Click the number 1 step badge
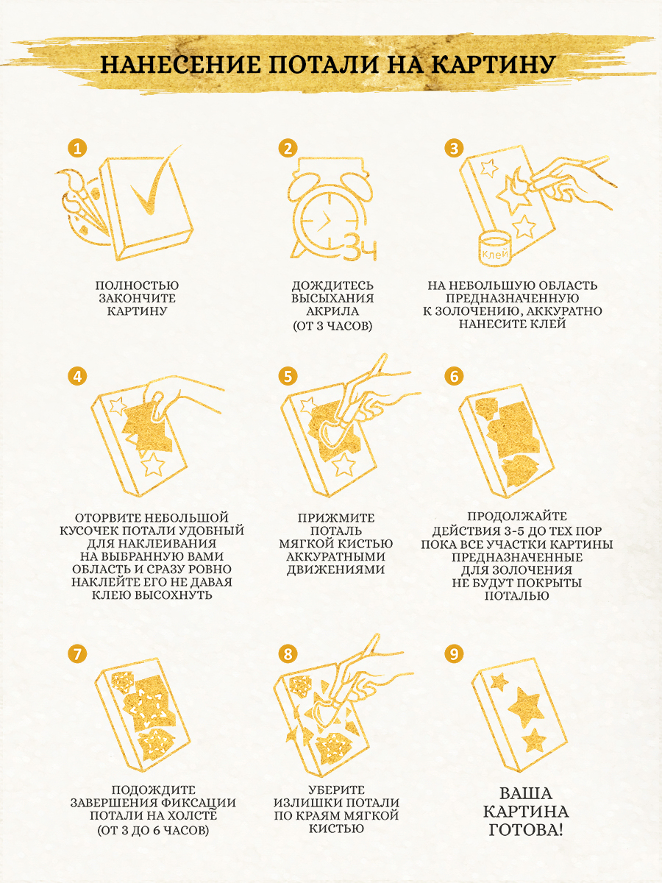77,148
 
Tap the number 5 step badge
288,377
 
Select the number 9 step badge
454,653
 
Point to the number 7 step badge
77,653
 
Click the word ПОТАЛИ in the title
325,64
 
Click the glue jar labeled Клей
495,249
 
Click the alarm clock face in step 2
330,221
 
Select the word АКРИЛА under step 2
332,311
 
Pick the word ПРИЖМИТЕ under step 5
336,518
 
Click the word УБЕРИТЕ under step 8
336,790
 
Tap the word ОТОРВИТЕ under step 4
107,518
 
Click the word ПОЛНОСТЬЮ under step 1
137,286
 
